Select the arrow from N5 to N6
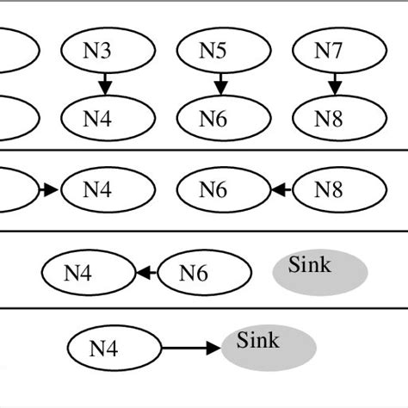point(220,83)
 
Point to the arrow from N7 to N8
point(333,83)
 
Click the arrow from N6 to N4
point(145,273)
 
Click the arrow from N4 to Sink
point(191,349)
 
